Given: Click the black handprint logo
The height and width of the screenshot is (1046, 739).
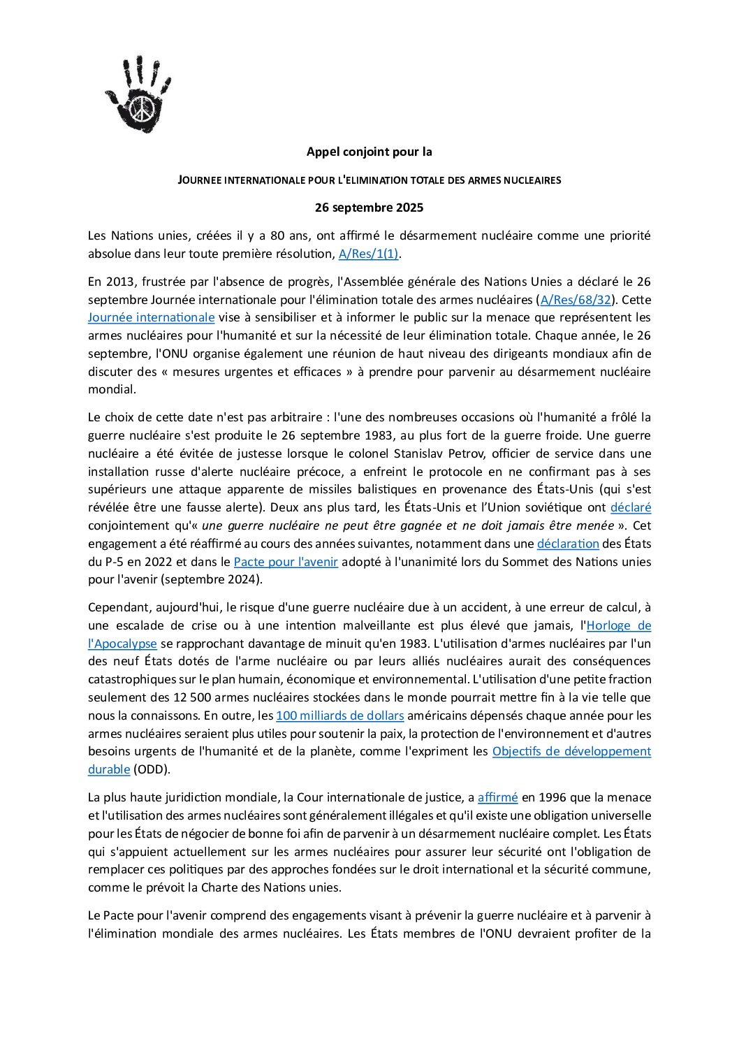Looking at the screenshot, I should [138, 94].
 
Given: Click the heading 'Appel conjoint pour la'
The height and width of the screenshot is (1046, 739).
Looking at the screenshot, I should [369, 152].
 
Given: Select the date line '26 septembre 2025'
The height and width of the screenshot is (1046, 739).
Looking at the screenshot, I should [369, 208].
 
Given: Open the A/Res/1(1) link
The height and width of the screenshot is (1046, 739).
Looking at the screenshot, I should [368, 254].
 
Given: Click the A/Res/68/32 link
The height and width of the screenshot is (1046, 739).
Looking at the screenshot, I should [576, 300].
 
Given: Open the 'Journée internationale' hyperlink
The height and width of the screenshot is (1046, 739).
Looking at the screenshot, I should [151, 317].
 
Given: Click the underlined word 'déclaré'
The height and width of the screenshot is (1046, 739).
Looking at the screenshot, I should [630, 507].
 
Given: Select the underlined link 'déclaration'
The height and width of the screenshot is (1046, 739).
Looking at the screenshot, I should [568, 544].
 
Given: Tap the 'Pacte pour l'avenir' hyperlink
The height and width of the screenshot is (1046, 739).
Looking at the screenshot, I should [286, 562].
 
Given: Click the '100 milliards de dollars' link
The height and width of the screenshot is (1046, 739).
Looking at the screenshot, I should [339, 716].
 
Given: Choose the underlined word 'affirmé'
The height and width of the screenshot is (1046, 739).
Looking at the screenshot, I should [497, 797].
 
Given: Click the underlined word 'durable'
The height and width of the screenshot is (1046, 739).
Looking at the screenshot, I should [109, 769].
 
